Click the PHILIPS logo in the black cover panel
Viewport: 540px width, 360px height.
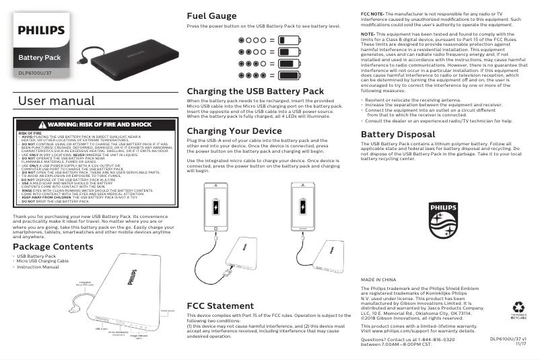[41, 30]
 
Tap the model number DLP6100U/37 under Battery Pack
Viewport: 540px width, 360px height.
[35, 72]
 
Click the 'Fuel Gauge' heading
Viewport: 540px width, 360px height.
[211, 15]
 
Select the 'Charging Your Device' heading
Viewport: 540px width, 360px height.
[234, 131]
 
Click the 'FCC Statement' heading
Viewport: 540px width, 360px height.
[220, 306]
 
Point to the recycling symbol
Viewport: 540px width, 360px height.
[518, 307]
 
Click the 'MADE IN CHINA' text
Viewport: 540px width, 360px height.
[378, 279]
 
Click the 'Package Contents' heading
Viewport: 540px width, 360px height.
[53, 247]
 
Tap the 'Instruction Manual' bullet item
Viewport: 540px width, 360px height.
[38, 267]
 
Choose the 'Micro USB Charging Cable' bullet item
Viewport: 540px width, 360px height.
[42, 262]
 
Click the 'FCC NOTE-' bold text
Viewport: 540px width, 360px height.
[372, 13]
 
